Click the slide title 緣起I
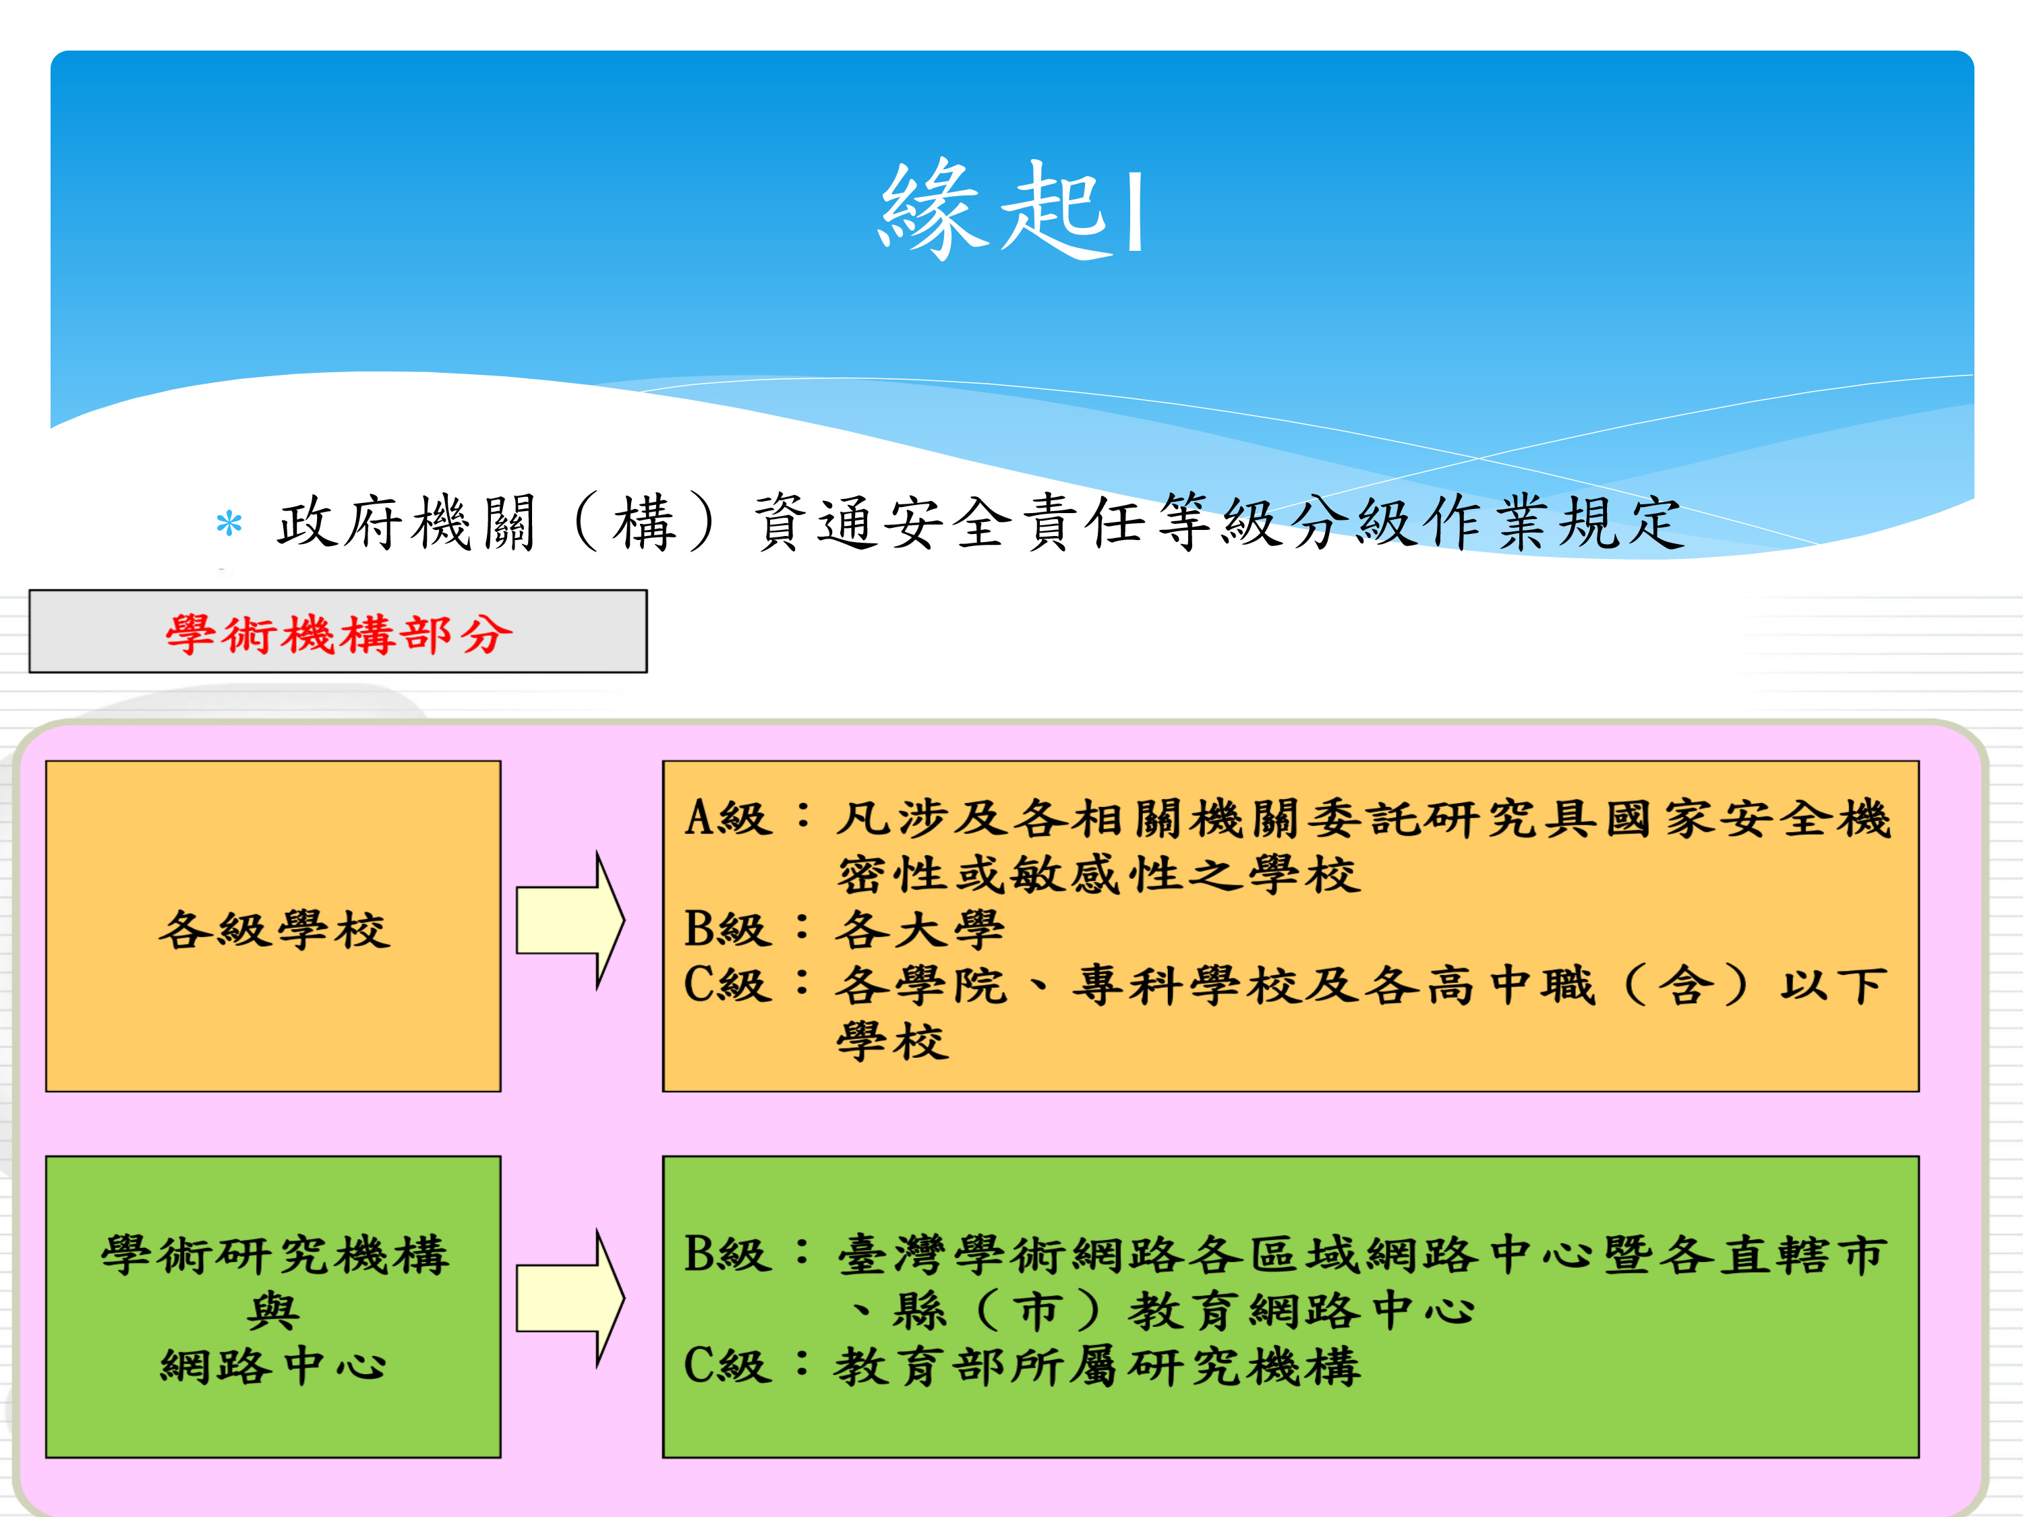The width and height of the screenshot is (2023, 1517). coord(1011,208)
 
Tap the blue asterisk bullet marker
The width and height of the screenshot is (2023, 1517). coord(229,524)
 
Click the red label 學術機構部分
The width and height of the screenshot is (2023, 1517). coord(339,633)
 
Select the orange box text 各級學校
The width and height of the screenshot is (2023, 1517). coord(274,929)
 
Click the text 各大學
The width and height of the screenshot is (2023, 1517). coord(920,929)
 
